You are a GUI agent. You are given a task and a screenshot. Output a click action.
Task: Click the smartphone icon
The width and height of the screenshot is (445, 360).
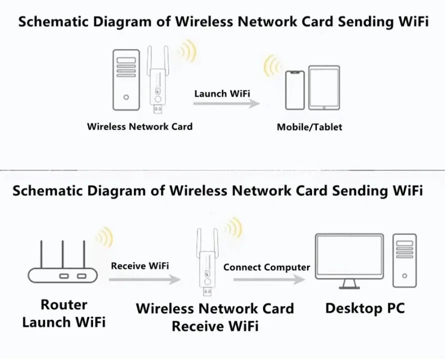click(x=294, y=90)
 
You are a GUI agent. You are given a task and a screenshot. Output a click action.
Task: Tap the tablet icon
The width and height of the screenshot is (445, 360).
click(x=324, y=88)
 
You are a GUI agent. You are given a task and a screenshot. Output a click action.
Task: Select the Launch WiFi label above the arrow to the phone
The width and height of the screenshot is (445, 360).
click(x=222, y=93)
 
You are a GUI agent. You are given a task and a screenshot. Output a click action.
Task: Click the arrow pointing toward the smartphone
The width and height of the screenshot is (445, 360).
click(x=226, y=103)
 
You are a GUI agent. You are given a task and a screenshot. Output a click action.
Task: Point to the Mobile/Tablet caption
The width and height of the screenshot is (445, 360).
click(x=309, y=127)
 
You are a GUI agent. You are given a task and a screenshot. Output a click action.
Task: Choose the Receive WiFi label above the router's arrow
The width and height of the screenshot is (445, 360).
click(x=140, y=266)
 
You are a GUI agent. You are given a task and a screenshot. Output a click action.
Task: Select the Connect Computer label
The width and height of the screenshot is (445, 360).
click(x=266, y=267)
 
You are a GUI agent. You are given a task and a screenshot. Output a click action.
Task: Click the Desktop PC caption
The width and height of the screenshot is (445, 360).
click(x=365, y=308)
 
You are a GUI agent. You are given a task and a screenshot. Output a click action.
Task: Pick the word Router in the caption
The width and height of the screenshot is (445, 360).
click(x=64, y=304)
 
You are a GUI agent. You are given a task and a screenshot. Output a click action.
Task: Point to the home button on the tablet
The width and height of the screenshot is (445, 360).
click(x=324, y=105)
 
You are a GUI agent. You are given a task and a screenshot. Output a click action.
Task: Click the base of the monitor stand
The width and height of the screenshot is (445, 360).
click(x=349, y=287)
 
